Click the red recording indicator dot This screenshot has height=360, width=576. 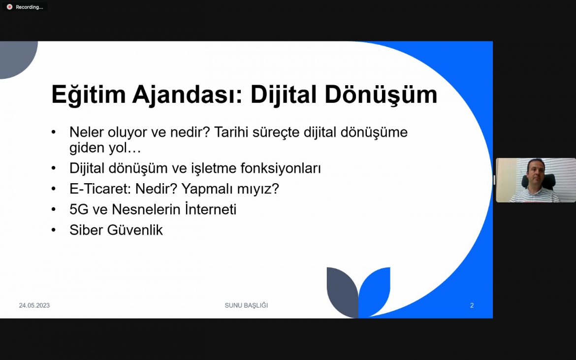[x=9, y=7]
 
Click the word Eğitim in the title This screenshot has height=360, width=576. [x=89, y=95]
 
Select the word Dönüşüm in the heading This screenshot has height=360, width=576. [x=381, y=95]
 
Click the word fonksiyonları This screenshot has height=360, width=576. [x=281, y=168]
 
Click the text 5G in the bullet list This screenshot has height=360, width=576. [x=79, y=209]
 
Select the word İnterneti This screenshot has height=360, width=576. [x=211, y=209]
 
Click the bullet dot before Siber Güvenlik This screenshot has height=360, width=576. [x=54, y=230]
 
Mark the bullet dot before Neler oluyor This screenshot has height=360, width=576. [x=54, y=132]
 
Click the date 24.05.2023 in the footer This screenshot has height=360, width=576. [x=34, y=305]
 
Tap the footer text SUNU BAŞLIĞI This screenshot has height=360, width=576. [x=246, y=305]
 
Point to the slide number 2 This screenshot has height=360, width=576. [x=472, y=305]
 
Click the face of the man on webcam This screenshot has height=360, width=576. [x=535, y=172]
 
